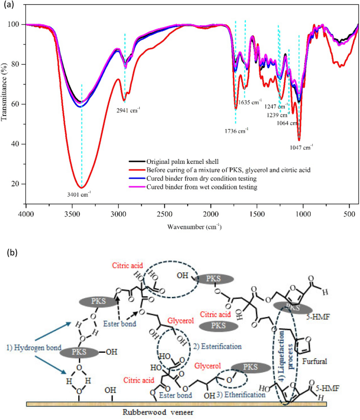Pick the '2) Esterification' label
218,346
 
